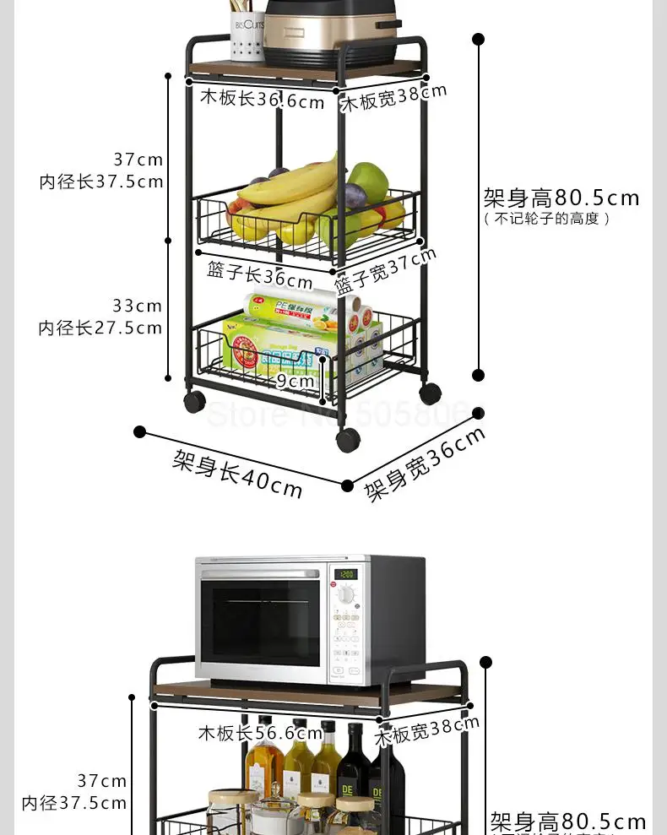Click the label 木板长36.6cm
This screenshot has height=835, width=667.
coord(262,100)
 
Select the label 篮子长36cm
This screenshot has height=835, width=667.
coord(260,274)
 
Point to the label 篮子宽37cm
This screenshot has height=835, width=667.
coord(386,270)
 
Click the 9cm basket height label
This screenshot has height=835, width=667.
coord(296,381)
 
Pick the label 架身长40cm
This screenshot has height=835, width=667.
coord(237,473)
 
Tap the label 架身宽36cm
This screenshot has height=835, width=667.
coord(425,464)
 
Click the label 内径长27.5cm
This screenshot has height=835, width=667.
coord(100,328)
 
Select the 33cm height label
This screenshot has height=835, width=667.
coord(137,306)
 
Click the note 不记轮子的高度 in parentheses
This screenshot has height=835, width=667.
coord(546,219)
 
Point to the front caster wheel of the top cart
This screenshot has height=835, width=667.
coord(348,439)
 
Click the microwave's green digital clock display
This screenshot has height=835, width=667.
coord(345,574)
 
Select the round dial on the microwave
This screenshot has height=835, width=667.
coord(346,595)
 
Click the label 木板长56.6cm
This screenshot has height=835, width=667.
coord(260,733)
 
